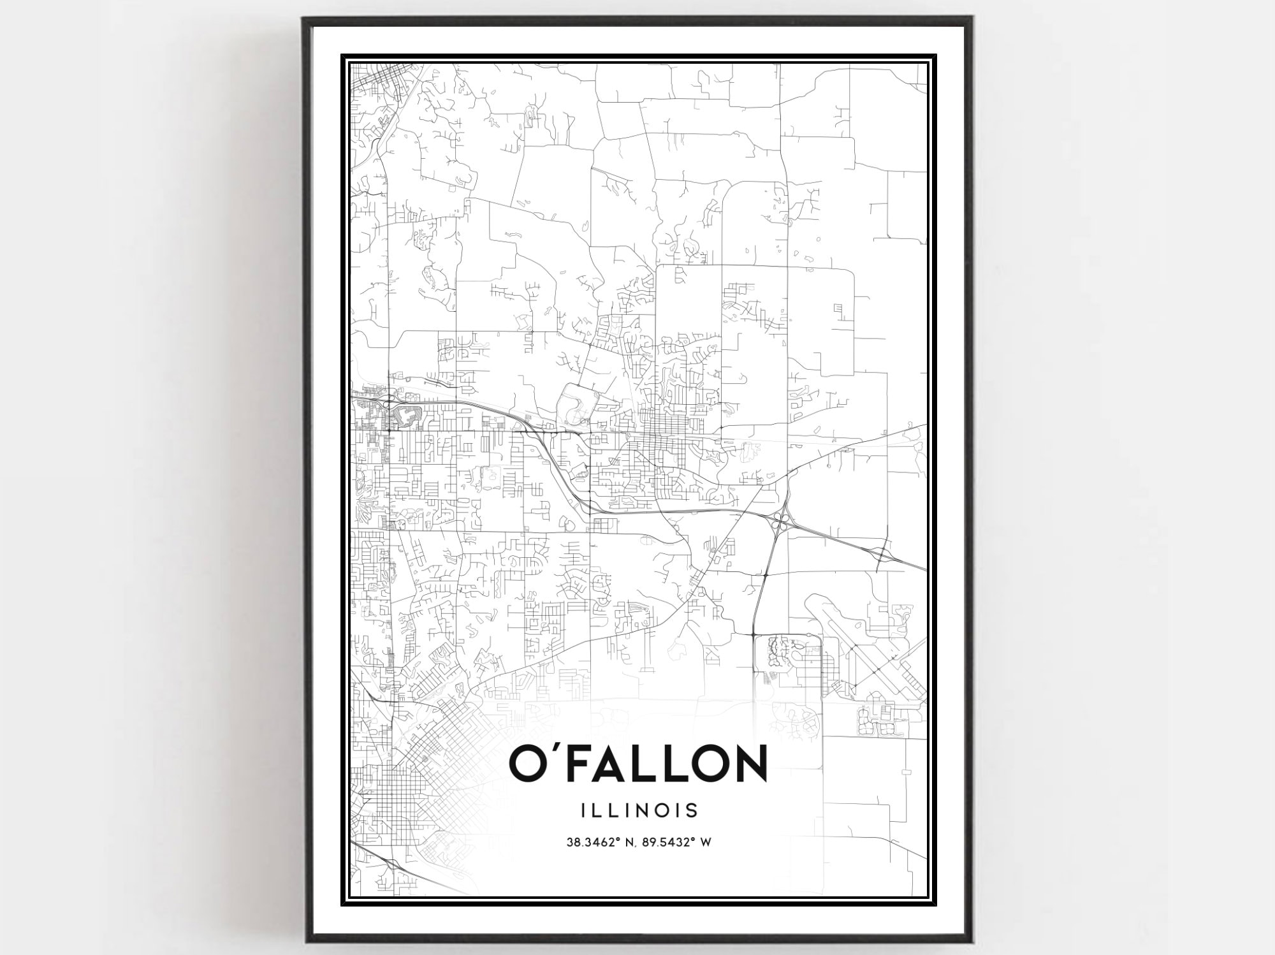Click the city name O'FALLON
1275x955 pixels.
click(x=638, y=762)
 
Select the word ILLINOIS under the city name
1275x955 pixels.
click(x=639, y=810)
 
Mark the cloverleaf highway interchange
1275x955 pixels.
click(x=779, y=523)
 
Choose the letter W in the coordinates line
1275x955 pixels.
click(x=706, y=842)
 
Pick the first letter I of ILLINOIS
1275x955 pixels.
click(x=583, y=810)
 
